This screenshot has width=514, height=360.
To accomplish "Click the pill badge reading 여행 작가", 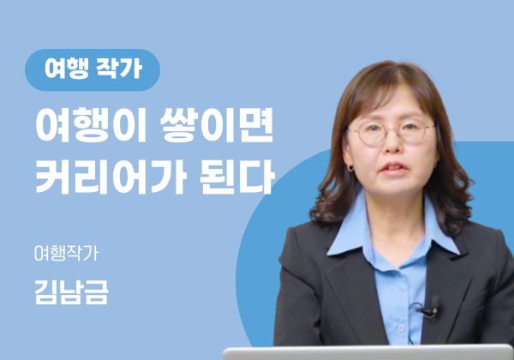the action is (x=93, y=69).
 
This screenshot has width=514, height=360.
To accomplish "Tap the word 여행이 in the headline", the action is (x=91, y=125).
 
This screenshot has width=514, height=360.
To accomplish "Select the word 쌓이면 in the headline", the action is (x=217, y=125).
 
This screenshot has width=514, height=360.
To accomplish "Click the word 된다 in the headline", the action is (x=237, y=177).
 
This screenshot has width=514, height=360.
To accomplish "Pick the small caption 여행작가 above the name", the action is (x=67, y=253).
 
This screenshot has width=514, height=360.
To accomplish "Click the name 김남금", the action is (x=71, y=292).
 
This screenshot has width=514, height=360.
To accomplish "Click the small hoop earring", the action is (x=350, y=168).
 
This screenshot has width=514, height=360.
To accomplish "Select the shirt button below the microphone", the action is (x=400, y=327).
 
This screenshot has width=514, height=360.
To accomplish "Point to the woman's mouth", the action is (x=393, y=169).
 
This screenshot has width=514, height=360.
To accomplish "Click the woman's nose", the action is (x=392, y=144).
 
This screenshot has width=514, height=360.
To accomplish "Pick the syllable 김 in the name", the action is (x=46, y=292).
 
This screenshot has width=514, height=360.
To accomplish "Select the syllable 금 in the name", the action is (x=96, y=292).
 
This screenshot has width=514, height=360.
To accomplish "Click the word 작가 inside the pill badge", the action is (x=119, y=69).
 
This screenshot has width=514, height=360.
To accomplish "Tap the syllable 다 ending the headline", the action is (x=257, y=177).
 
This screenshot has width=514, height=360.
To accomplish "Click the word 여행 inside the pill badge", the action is (x=67, y=69).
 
